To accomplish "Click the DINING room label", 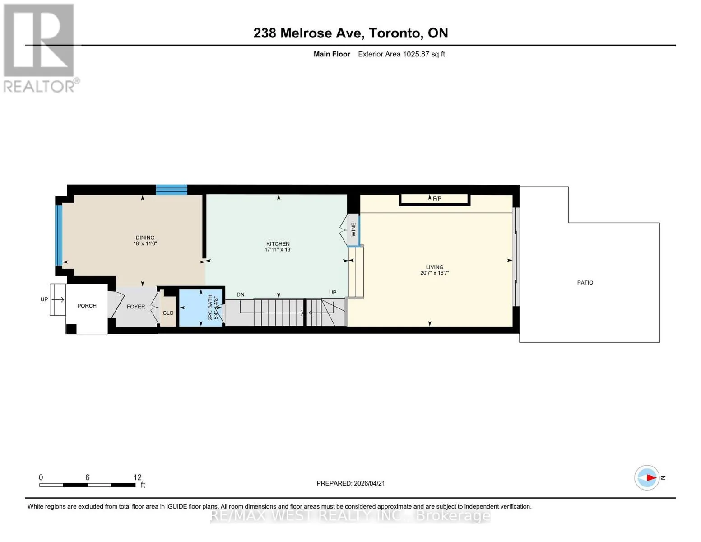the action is point(145,238).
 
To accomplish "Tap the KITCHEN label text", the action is point(278,244).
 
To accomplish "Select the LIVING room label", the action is point(435,267).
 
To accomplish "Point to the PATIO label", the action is point(585,282).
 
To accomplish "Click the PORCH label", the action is point(87,306).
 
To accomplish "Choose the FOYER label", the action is point(136,307).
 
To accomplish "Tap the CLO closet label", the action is point(168,313).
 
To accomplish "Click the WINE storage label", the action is point(353,229).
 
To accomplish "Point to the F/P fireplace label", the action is point(437,199).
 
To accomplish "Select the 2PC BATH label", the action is point(210,307).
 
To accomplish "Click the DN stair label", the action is point(240,294).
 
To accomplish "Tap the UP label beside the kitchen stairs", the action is point(333,293).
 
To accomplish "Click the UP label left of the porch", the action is point(44,299).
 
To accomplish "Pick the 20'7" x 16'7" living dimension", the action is point(435,273).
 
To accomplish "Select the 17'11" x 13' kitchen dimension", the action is point(278,249).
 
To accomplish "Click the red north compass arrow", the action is point(651,477).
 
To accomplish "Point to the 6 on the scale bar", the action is point(88,477).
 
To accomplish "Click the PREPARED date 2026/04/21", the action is point(369,483).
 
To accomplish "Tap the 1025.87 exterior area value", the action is point(416,54).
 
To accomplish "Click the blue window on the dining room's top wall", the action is point(172,190).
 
